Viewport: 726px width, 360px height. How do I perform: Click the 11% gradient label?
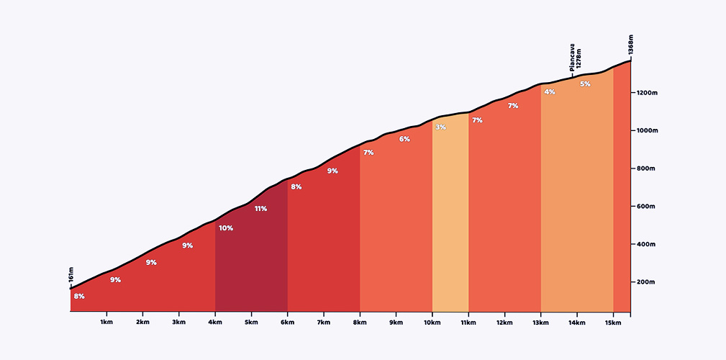coord(260,209)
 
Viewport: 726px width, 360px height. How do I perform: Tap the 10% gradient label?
coord(226,228)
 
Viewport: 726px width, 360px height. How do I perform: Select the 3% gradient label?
coord(440,127)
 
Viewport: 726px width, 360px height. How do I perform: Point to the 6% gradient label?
coord(404,139)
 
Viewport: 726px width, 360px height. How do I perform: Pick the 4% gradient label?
coord(550,92)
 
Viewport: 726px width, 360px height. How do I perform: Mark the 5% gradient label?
coord(585,84)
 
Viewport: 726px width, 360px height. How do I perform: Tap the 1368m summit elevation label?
coord(631,45)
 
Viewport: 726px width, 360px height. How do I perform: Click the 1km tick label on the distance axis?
coord(106,322)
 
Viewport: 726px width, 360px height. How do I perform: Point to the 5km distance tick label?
coord(251,322)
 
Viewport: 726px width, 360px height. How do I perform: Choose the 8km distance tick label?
coord(360,322)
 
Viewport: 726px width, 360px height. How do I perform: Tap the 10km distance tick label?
coord(432,322)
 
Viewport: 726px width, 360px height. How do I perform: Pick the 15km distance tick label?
coord(613,322)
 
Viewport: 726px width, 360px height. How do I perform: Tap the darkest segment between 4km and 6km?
coord(251,266)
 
